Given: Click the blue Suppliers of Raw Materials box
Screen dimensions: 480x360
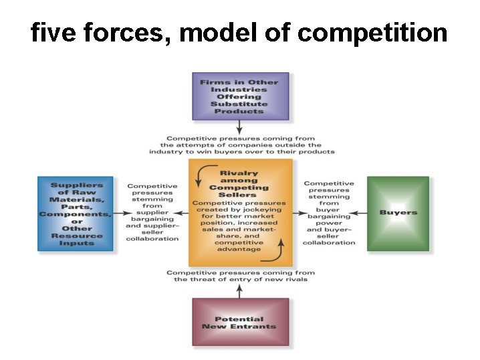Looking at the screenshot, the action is [76, 213].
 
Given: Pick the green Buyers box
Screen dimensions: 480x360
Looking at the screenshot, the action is [398, 213].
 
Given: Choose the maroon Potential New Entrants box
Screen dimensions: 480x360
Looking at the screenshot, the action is [240, 322].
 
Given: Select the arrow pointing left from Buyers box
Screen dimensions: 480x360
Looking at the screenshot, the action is [358, 213].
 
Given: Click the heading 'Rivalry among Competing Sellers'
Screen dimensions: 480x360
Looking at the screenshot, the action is [239, 181].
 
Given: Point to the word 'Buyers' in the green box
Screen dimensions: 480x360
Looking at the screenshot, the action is [398, 213].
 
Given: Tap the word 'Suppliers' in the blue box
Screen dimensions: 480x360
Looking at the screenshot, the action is [76, 185].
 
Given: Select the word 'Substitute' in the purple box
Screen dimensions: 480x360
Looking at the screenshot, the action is [239, 104].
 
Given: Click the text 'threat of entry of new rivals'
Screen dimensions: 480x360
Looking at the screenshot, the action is [241, 279].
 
